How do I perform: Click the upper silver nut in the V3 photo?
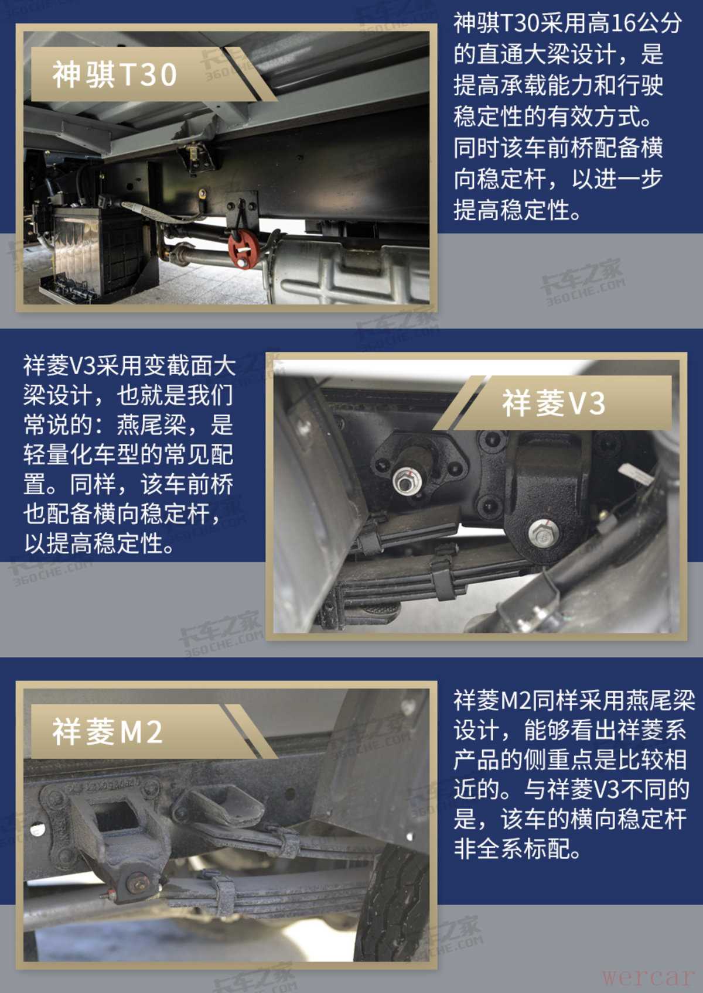tap(403, 482)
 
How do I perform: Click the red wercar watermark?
tap(647, 977)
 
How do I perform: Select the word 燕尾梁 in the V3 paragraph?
tap(151, 424)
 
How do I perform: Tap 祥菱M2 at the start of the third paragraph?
tap(492, 700)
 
